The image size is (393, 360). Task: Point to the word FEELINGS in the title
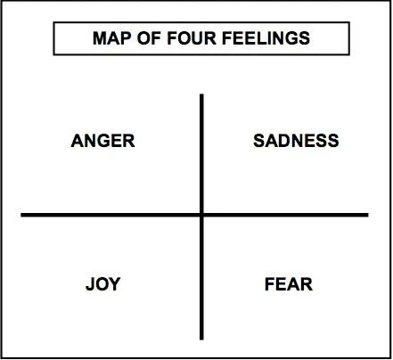(266, 38)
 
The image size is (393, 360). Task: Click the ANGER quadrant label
(103, 141)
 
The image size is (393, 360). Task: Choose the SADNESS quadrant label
(296, 141)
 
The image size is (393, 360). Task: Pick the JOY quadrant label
(103, 284)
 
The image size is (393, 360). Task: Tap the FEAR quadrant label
(289, 284)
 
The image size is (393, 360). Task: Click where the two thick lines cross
(201, 215)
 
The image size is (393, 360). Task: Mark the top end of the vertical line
(201, 94)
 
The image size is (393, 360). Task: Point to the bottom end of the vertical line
(201, 340)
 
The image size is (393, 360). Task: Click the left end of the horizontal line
(21, 215)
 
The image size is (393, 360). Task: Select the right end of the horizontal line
(368, 215)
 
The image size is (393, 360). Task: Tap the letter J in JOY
(90, 284)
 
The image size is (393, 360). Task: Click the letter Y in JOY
(114, 284)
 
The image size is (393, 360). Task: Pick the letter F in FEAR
(270, 284)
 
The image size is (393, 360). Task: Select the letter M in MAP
(100, 38)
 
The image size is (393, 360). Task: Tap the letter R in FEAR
(307, 284)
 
